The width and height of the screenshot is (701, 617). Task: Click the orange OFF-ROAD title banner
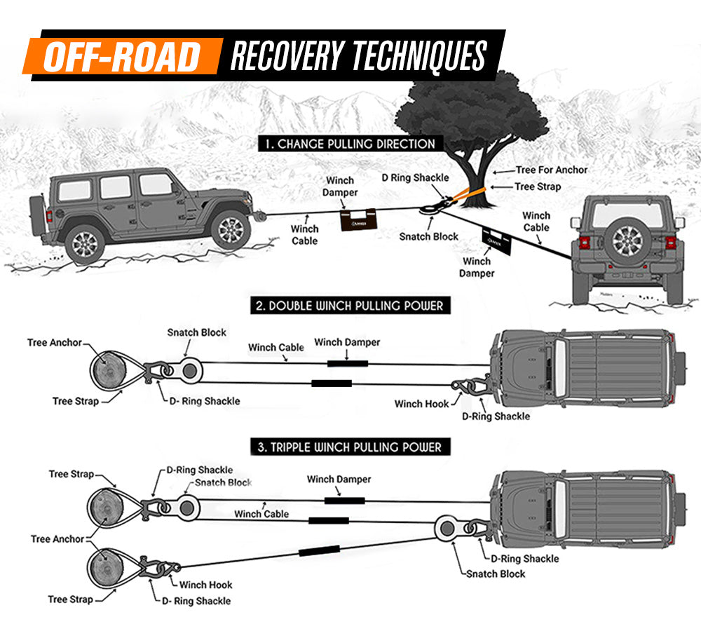click(121, 56)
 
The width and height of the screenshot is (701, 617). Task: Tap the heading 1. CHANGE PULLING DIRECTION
click(349, 144)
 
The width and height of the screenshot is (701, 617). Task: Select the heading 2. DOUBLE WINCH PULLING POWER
click(348, 306)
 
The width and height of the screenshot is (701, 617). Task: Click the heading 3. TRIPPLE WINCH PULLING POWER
click(348, 447)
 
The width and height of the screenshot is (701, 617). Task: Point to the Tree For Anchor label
click(551, 170)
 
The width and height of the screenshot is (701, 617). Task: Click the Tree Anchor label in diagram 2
click(55, 343)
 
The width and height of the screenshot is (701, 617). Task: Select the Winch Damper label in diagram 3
click(339, 480)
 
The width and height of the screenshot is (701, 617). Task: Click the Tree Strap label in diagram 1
click(538, 187)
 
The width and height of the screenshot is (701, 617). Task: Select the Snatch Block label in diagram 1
click(428, 236)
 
